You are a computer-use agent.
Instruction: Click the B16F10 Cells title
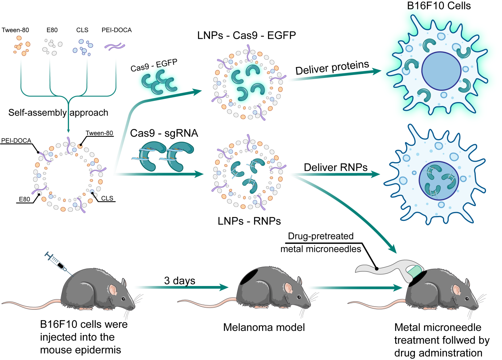pos(439,6)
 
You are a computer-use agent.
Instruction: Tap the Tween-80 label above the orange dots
pos(15,30)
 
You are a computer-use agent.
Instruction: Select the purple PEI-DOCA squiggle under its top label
pos(115,46)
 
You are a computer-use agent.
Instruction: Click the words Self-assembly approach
pos(58,113)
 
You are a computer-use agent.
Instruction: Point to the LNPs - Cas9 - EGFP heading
pos(246,35)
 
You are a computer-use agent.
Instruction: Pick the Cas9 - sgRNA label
pos(164,133)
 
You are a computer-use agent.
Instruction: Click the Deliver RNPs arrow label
pos(335,167)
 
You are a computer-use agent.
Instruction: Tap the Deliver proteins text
pos(332,68)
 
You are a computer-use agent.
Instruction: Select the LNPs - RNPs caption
pos(249,221)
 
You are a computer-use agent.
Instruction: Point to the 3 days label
pos(180,281)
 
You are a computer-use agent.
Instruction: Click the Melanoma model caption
pos(264,327)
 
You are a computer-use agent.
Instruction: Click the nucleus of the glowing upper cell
pos(441,71)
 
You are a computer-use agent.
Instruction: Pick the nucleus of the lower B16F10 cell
pos(439,181)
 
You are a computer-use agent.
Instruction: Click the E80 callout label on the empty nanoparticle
pos(24,199)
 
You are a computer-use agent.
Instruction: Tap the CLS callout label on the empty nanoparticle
pos(107,198)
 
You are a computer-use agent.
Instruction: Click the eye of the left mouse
pos(123,298)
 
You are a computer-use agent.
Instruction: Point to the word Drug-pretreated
pos(321,236)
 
